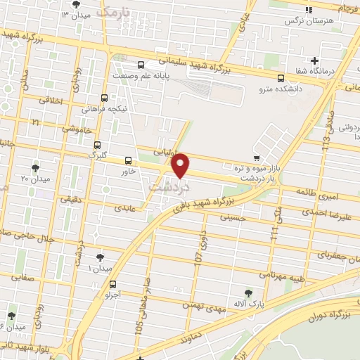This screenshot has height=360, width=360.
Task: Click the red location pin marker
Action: [181, 166]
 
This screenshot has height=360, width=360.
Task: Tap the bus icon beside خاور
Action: [128, 160]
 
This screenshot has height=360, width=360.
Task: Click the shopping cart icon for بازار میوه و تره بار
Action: [256, 157]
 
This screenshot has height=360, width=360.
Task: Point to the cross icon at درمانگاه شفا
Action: [316, 60]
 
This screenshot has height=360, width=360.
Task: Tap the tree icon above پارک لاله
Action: [247, 292]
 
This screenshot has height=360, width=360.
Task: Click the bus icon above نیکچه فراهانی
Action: [105, 98]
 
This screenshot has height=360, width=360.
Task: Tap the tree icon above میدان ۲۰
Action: [36, 168]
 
